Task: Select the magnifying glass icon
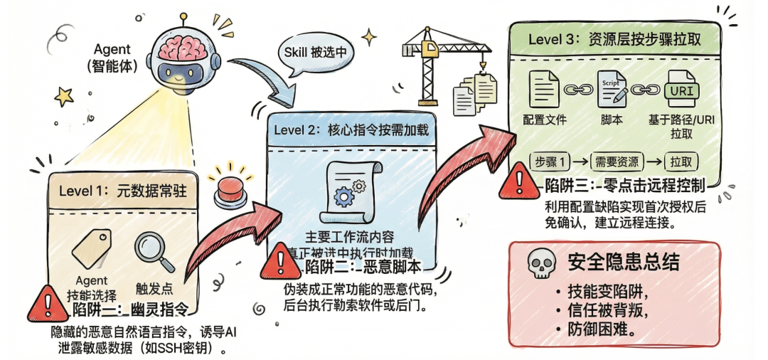tap(153, 253)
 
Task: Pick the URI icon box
tap(681, 91)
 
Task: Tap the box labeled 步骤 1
tap(552, 161)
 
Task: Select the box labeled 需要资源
tap(617, 161)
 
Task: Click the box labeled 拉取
tap(683, 161)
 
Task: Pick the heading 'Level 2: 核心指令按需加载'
tap(352, 130)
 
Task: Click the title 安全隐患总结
tap(623, 263)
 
